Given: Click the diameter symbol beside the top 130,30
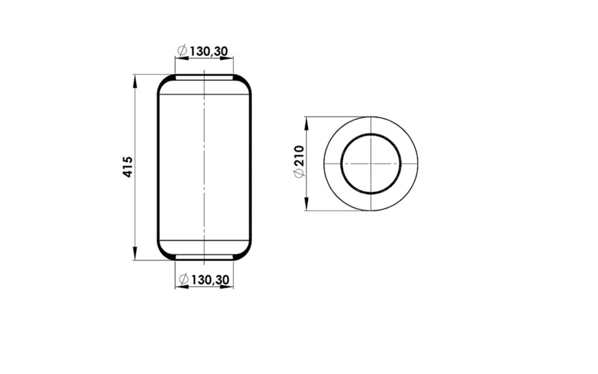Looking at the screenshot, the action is point(183,50).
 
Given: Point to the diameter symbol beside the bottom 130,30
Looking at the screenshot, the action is point(184,279).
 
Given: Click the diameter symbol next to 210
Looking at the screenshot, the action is point(299,173).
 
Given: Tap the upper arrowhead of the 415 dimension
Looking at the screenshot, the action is point(134,81).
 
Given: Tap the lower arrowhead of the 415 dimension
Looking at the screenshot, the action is point(134,254).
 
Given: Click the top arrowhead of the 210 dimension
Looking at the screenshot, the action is point(306,123).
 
